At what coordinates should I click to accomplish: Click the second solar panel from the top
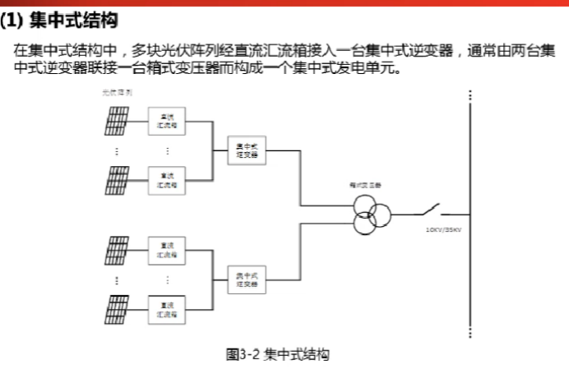coord(115,179)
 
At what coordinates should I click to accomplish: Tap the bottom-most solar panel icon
coord(115,308)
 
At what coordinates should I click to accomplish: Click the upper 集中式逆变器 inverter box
coord(247,150)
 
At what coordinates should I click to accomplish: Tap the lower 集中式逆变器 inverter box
coord(247,279)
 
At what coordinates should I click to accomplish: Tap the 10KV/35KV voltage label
coord(443,229)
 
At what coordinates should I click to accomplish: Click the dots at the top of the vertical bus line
coord(470,95)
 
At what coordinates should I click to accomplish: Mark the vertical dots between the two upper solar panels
coord(115,150)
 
